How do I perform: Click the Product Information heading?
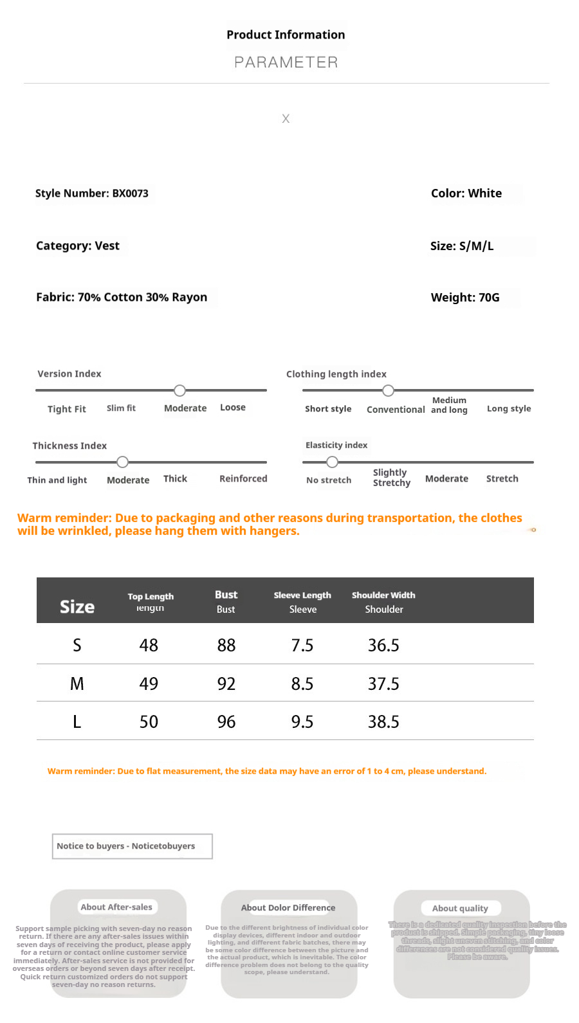[x=286, y=35]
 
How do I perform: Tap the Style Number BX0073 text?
[x=92, y=194]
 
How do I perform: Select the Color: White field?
[x=466, y=194]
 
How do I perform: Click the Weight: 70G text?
[x=465, y=298]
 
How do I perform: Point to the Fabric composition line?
[x=122, y=297]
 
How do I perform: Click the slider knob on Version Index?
[x=180, y=390]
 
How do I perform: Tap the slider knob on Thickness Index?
[x=123, y=462]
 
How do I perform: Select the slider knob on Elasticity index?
[x=332, y=462]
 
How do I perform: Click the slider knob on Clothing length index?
[x=388, y=390]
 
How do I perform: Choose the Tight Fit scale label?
[x=67, y=409]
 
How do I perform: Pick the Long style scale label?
[x=509, y=408]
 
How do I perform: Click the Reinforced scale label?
[x=243, y=478]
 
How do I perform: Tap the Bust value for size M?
[x=226, y=684]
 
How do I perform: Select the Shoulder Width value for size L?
[x=383, y=721]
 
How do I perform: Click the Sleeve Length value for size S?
[x=302, y=645]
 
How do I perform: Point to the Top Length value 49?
[x=149, y=684]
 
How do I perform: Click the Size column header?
[x=77, y=607]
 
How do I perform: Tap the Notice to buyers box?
[x=132, y=846]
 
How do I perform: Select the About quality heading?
[x=460, y=908]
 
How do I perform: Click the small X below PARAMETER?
[x=286, y=119]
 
